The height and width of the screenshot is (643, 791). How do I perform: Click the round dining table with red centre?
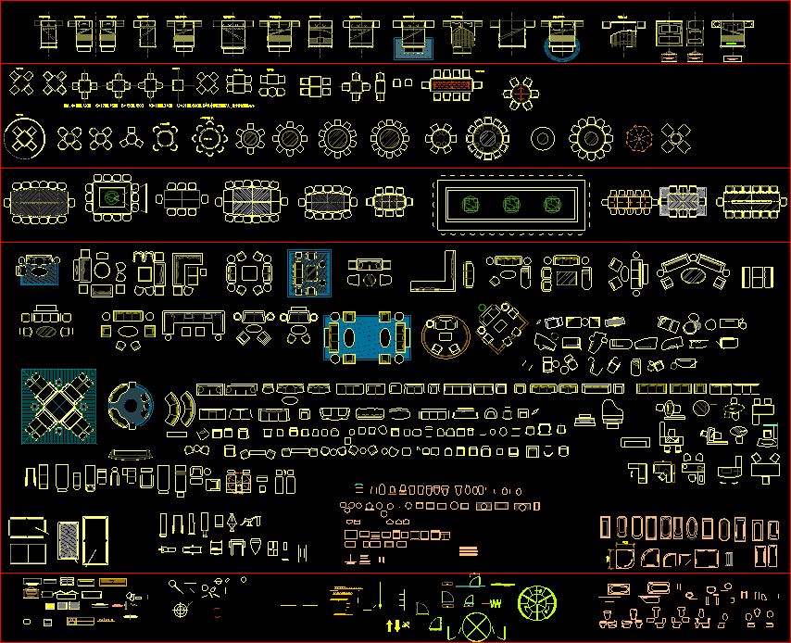coord(521,94)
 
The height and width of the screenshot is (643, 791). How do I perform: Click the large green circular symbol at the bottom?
coord(536,602)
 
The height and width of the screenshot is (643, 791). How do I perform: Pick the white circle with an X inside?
coord(477,626)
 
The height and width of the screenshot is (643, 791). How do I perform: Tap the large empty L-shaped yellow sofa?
coord(433,271)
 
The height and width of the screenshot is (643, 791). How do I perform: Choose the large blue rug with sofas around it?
coord(368,335)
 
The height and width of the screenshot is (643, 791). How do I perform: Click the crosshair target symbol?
coord(182,611)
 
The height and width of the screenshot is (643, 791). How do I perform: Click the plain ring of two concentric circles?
coord(543,139)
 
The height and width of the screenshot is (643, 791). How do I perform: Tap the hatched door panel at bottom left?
coord(68,539)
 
